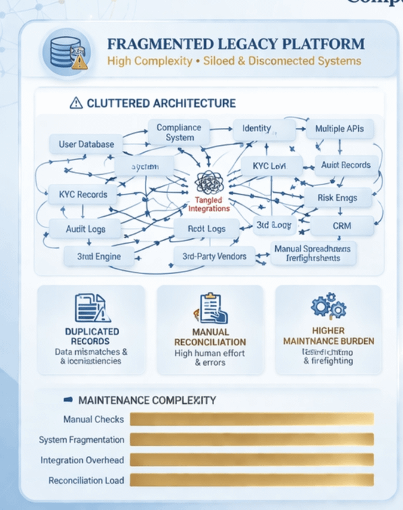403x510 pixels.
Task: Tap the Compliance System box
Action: coord(180,132)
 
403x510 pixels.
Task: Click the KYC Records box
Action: coord(82,194)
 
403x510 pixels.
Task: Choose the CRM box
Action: coord(342,226)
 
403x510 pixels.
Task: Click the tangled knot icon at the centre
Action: coord(209,183)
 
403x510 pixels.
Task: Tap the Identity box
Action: coord(256,128)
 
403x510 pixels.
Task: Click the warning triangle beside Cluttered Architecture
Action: coord(76,103)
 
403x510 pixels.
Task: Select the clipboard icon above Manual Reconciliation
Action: coord(209,308)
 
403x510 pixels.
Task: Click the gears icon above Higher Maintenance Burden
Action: coord(328,306)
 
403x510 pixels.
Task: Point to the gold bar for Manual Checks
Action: coord(252,419)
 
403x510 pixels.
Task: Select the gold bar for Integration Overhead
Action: coord(252,460)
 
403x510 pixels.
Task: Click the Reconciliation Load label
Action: coord(86,480)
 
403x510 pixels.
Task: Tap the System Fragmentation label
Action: coord(81,439)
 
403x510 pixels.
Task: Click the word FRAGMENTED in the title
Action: coord(153,45)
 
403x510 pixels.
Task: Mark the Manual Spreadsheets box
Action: coord(313,253)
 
